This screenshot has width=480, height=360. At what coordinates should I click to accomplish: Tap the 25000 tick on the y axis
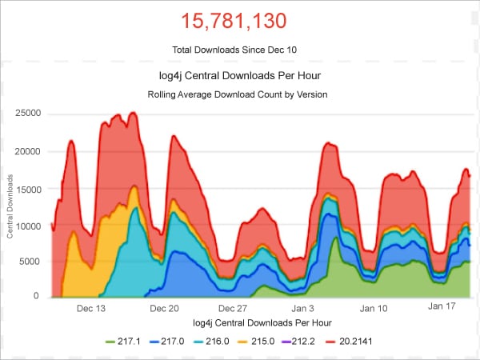(x=27, y=114)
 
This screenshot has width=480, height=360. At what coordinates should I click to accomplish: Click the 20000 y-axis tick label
(x=27, y=151)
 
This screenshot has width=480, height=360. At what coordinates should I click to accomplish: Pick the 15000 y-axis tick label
(x=27, y=188)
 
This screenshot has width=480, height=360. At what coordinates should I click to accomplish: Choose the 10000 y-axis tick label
(x=27, y=226)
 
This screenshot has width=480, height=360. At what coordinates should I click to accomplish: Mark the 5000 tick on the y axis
(x=30, y=261)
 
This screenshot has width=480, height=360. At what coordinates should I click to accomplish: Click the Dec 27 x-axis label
(x=233, y=307)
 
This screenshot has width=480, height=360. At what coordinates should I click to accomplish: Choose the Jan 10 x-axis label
(x=374, y=307)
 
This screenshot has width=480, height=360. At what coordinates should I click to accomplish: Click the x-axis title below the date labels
(x=262, y=322)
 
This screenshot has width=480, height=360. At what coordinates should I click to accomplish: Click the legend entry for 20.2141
(x=354, y=342)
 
